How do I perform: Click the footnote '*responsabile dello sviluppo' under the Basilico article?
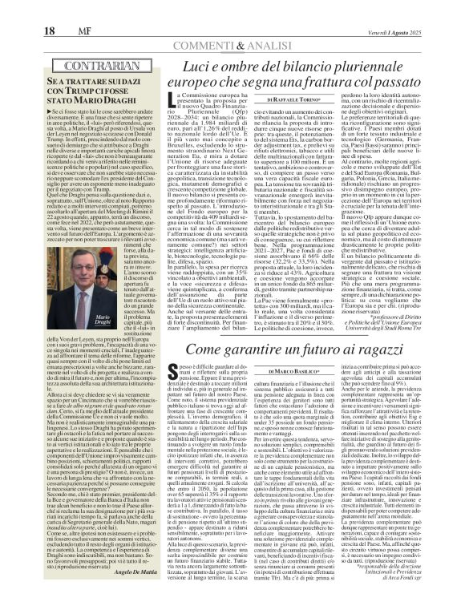click(x=409, y=576)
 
